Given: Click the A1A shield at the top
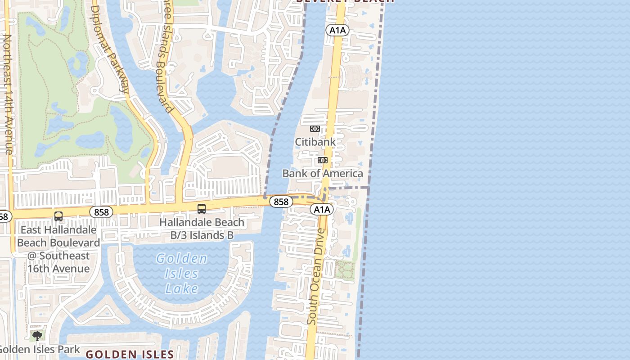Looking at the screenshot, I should pos(337,30).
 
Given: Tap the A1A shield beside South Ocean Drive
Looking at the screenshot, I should pos(321,209).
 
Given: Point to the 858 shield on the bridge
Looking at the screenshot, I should pos(281,202).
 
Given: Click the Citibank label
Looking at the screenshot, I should pos(315,142).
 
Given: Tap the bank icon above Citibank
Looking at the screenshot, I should pos(315,129).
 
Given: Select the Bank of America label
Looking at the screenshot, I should pos(322,173).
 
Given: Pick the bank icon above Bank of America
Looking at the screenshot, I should pos(322,160).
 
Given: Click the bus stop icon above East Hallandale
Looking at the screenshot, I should pos(58,216).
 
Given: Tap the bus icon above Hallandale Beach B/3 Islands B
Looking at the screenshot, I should pos(202,209).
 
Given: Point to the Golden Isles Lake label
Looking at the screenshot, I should pos(182,273).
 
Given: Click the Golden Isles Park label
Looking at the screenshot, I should pos(40,349).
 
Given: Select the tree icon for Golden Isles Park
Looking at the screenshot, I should pos(37,336).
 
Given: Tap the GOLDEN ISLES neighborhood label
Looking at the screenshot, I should pos(130,354).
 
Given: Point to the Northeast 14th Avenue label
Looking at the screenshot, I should pos(8,94).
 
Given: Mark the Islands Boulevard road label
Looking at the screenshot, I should pos(162,58).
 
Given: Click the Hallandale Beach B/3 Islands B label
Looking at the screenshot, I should pos(202,229).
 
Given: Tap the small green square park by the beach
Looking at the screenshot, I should pos(344,270).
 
